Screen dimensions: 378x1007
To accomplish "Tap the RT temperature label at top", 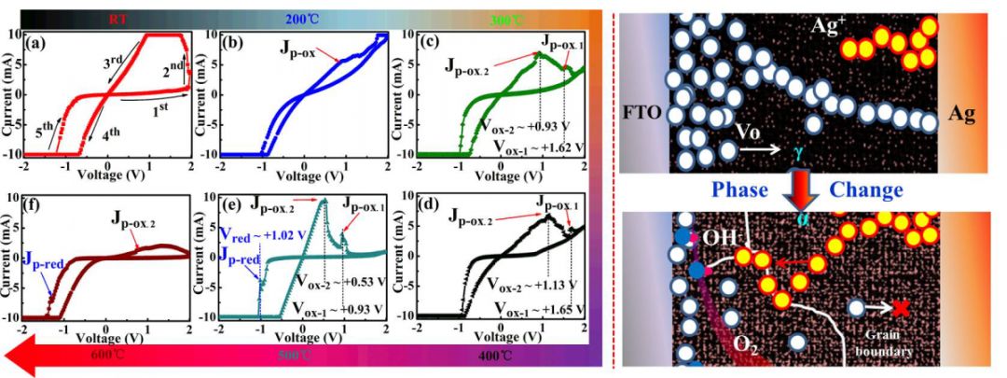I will pyautogui.click(x=118, y=16).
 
